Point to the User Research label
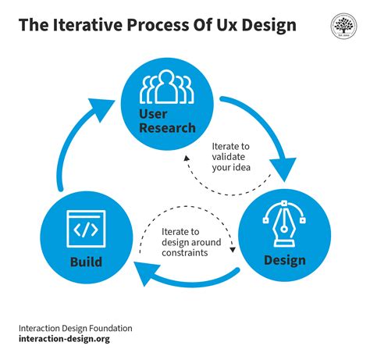[168, 122]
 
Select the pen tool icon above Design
[286, 226]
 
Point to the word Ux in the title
[223, 25]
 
